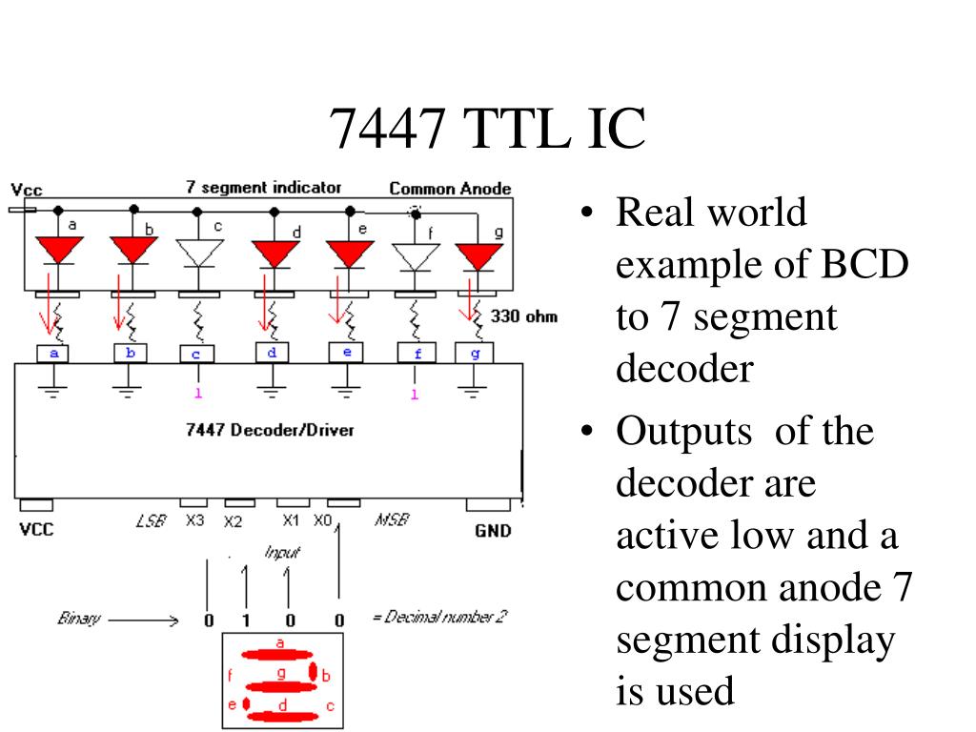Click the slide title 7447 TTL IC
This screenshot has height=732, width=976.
[487, 129]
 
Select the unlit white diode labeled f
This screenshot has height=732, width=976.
[417, 256]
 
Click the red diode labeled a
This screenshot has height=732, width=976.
[59, 251]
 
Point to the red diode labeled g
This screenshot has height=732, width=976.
[478, 255]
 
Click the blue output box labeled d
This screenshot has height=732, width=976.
[272, 352]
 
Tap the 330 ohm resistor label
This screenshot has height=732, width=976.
[523, 316]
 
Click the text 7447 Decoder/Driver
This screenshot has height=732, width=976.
[269, 430]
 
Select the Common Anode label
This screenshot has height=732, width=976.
[450, 189]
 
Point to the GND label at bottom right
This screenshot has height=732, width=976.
[492, 531]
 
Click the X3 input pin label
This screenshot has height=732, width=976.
[194, 521]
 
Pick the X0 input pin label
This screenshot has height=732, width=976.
[324, 521]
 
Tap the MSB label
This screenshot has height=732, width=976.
[391, 520]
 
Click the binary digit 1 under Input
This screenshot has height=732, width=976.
[245, 621]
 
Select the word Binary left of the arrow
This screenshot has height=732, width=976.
[78, 620]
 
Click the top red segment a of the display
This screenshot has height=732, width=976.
[277, 655]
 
